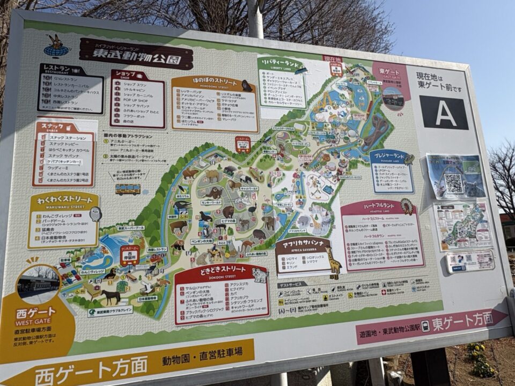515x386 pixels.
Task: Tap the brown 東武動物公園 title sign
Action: [136, 54]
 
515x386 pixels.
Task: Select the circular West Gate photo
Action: [38, 283]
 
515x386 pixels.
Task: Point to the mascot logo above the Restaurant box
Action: [56, 46]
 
